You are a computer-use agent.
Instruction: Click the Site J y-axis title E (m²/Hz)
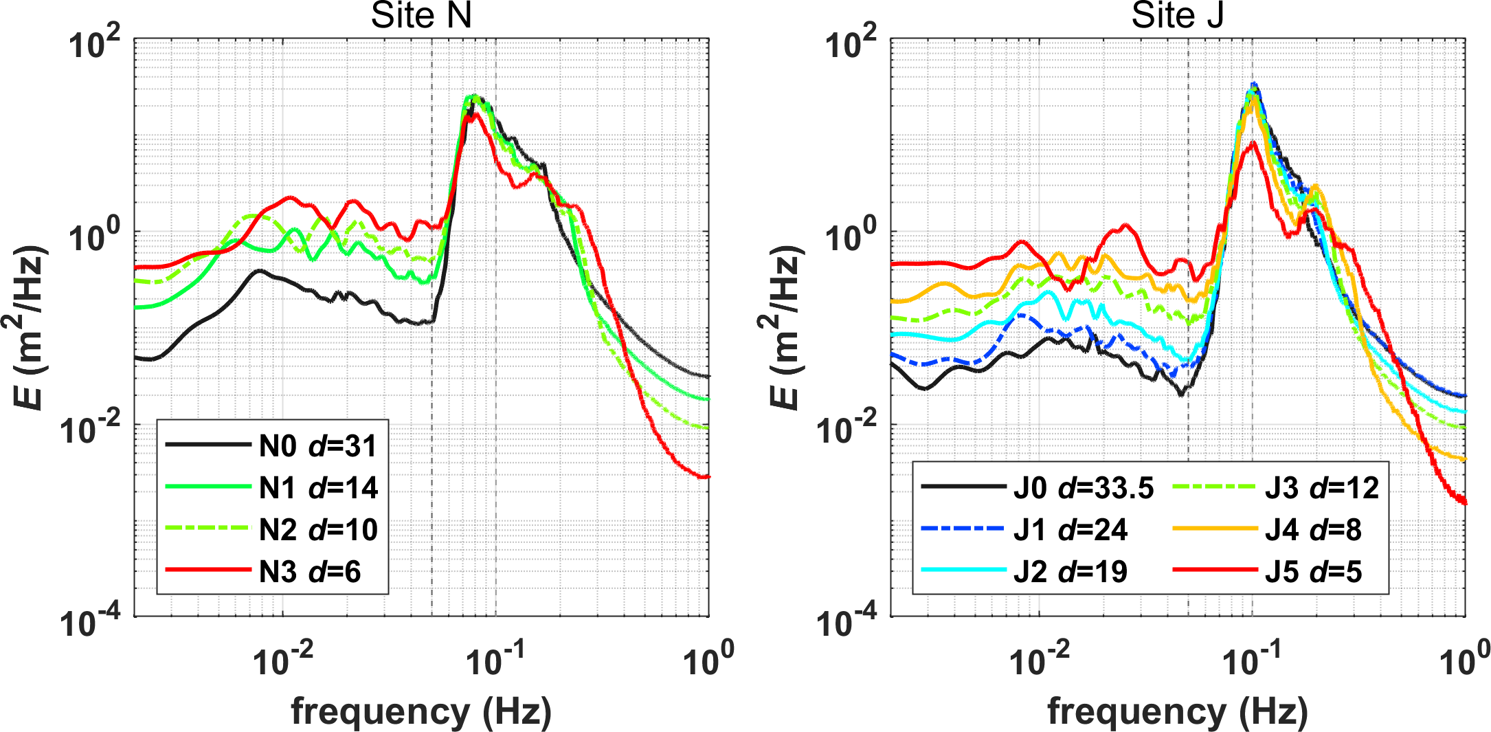(784, 327)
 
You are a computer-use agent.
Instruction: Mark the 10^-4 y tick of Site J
(850, 622)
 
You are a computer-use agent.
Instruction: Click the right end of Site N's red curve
(708, 476)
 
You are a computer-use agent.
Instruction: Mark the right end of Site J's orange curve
(1465, 458)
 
